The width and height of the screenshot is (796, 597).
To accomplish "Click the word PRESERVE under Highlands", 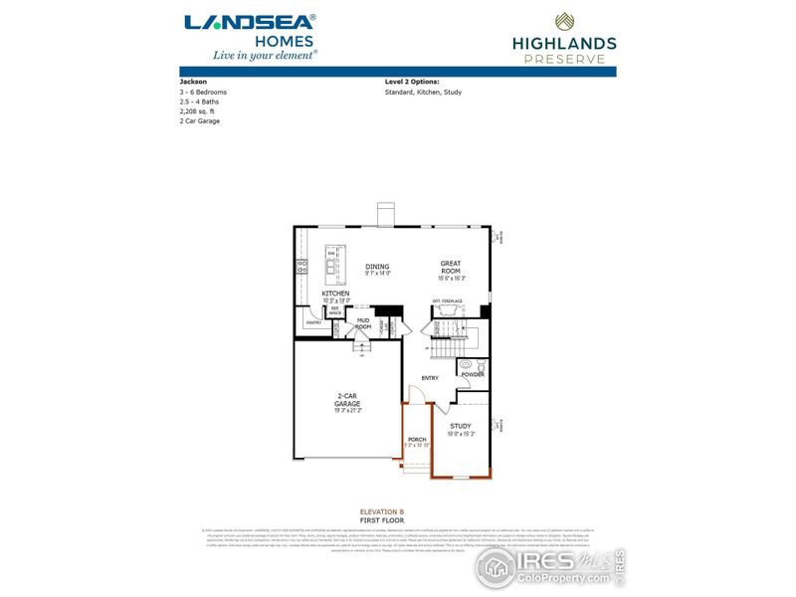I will tap(563, 59).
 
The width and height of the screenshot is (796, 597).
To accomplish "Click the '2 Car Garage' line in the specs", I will tap(200, 121).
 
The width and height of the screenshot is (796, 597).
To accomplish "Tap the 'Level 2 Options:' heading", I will tap(412, 82).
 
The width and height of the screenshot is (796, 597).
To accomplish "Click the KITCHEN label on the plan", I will tap(335, 294).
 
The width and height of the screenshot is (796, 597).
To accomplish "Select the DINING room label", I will tap(377, 266).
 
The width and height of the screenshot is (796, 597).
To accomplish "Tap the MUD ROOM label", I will tap(364, 323).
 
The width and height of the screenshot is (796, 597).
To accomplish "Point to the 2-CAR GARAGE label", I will tap(347, 399).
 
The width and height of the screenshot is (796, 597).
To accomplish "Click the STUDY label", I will tap(461, 426).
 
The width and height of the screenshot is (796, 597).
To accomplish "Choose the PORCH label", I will tap(417, 439).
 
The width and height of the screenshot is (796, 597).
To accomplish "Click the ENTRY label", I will tap(430, 378).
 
